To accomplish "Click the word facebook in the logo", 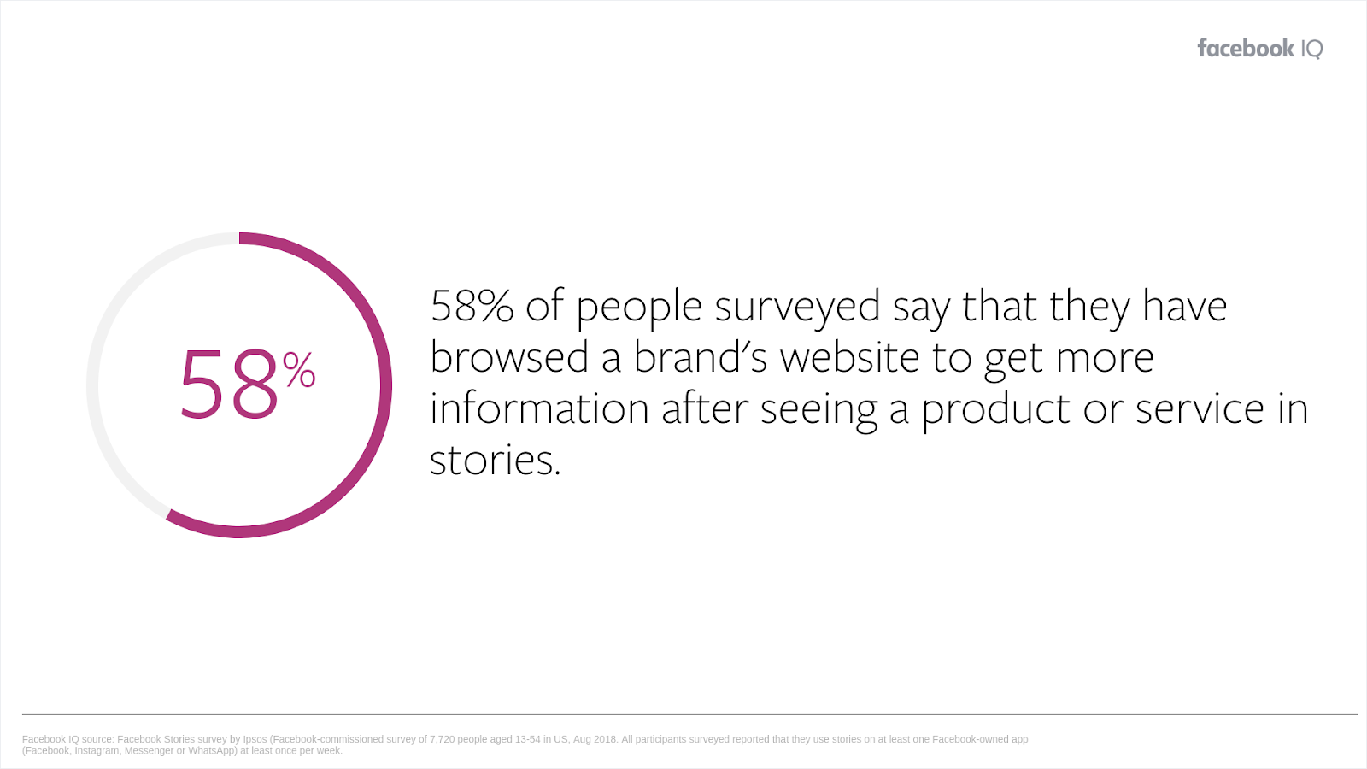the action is click(x=1246, y=48).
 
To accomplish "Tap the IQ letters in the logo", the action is click(x=1312, y=49).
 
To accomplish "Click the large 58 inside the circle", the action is click(x=230, y=384).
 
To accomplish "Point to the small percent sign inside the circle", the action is click(x=299, y=369).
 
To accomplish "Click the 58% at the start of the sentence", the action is click(x=472, y=306).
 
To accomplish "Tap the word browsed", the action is click(x=509, y=357).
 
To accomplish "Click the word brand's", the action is click(x=700, y=357).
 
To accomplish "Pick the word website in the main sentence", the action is click(x=849, y=357).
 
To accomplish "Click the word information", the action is click(x=539, y=408).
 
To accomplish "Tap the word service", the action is click(x=1200, y=408).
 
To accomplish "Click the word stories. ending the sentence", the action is click(x=495, y=461).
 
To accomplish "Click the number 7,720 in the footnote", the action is click(x=443, y=739).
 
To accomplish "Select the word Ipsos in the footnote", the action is click(x=255, y=740).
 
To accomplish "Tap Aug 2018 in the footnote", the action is click(x=595, y=740).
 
